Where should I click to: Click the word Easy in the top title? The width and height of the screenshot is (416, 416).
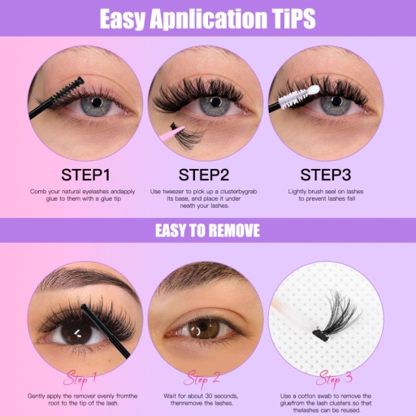coord(122,19)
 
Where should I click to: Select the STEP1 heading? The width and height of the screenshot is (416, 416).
coord(85,175)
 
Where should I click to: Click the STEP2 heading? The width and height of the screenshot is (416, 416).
coord(204,175)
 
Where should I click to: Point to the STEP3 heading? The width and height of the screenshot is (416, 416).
coord(326,175)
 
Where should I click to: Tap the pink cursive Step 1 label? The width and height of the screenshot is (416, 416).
coord(80,379)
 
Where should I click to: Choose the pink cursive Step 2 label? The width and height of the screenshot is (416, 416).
coord(201,379)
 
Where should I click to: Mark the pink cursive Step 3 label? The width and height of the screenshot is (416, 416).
coord(334,379)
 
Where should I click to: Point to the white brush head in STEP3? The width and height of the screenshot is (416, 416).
coord(299,96)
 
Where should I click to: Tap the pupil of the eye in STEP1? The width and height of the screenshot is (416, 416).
coord(97,102)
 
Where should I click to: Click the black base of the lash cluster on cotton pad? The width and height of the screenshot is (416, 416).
coord(319,332)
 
